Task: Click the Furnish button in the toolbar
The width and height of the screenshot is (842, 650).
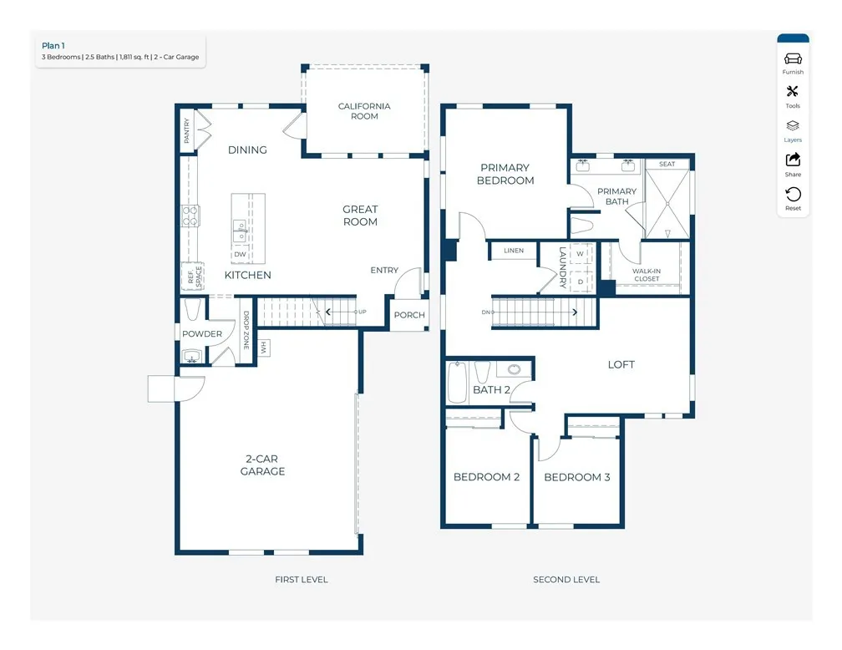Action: tap(793, 62)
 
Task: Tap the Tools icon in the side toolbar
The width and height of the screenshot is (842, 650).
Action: tap(793, 95)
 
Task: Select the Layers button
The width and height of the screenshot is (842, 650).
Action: tap(793, 129)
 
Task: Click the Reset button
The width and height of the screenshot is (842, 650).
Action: tap(793, 198)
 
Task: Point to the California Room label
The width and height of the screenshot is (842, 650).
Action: tap(364, 111)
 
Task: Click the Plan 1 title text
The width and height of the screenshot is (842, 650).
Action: tap(53, 46)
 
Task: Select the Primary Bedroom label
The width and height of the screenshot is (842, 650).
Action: tap(505, 174)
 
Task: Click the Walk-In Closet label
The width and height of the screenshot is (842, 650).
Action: tap(646, 275)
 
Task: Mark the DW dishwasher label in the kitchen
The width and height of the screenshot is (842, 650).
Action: tap(240, 255)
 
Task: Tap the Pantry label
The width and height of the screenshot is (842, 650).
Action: tap(187, 130)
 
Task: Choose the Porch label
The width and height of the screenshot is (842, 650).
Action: tap(409, 315)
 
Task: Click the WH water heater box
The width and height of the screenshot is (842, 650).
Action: tap(263, 346)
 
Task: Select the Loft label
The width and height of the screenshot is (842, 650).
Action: tap(621, 364)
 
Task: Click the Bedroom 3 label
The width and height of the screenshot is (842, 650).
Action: tap(576, 477)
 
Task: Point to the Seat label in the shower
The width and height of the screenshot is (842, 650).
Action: tap(667, 164)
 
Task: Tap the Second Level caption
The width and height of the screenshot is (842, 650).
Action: tap(566, 579)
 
